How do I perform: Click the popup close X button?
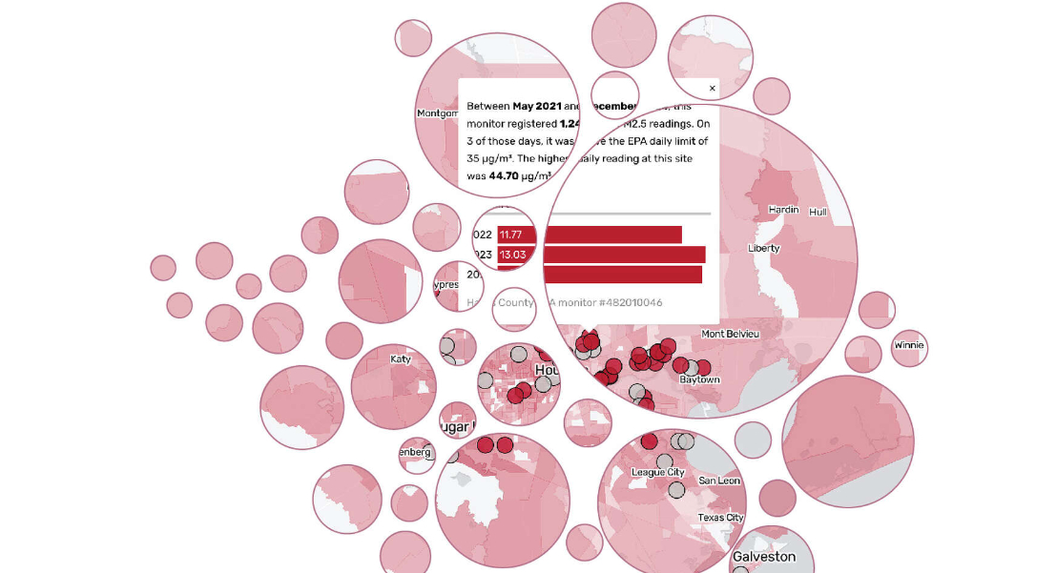712,89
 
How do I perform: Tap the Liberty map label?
764,248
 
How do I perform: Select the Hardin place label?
783,209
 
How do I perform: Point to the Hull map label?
818,212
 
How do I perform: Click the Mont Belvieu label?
731,334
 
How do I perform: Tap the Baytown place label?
699,379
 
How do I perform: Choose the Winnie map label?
909,345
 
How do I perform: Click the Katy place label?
401,359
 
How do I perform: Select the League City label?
658,472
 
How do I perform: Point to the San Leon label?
719,481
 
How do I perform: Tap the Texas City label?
720,518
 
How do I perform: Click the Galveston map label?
763,557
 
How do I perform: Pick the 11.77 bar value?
511,235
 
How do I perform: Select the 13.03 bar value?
513,255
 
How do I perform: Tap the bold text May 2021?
536,106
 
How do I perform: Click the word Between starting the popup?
487,106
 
